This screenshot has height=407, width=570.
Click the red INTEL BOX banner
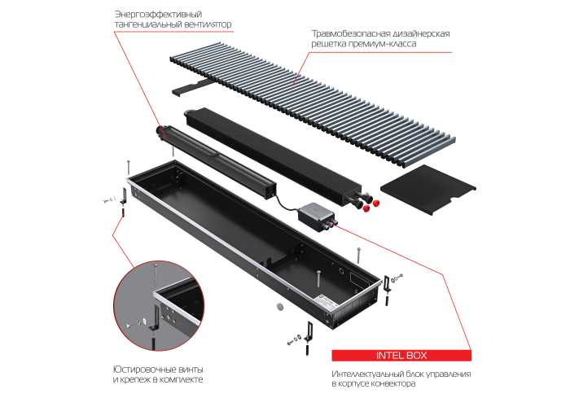click(401, 356)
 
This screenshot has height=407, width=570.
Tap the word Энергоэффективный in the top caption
click(158, 15)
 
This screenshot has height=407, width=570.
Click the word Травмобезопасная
click(347, 34)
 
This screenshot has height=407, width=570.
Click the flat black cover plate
click(428, 189)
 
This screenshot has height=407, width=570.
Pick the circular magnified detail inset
click(159, 305)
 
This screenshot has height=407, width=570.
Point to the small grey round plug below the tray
click(280, 306)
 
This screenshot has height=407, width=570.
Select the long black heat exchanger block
click(274, 157)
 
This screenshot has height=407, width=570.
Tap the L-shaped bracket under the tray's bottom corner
click(309, 331)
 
